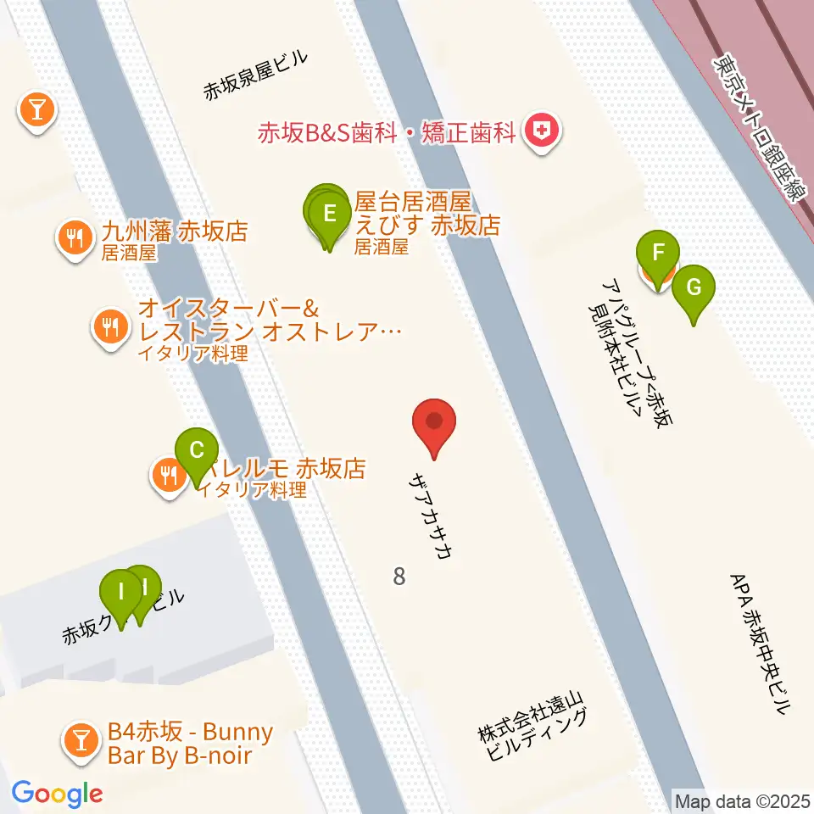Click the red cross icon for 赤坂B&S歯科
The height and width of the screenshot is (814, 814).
click(x=540, y=131)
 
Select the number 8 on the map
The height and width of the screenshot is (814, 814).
click(x=399, y=577)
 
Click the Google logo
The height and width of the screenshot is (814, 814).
click(x=57, y=794)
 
